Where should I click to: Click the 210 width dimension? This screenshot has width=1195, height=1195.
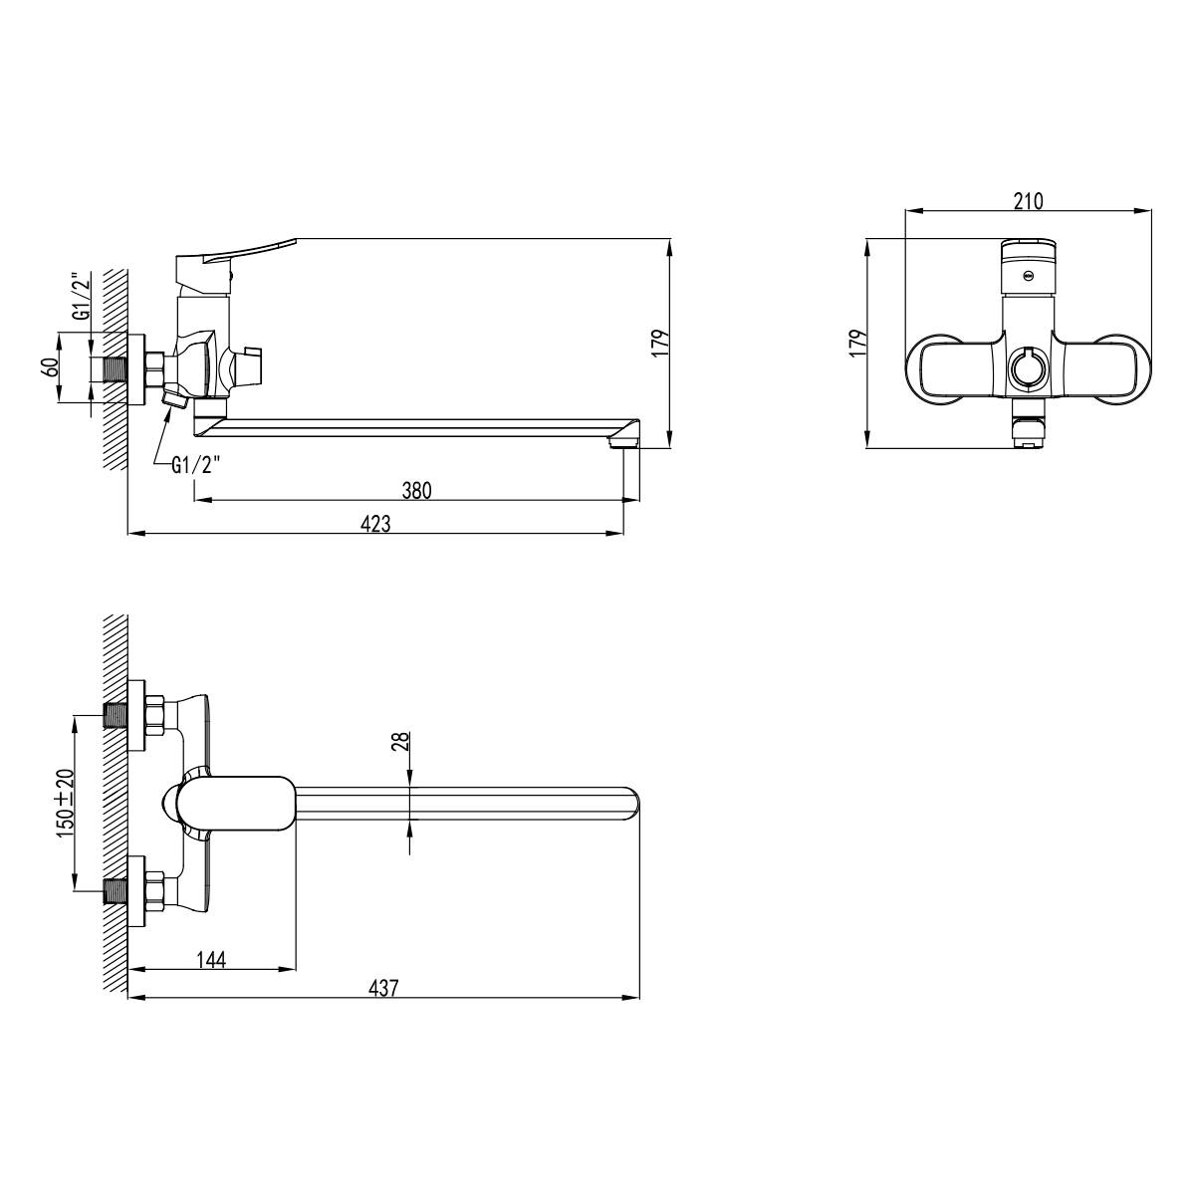click(x=1028, y=201)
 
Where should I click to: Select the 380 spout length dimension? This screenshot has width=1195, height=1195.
click(x=416, y=491)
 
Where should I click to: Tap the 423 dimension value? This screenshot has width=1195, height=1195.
click(x=375, y=524)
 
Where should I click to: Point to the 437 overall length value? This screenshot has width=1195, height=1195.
click(x=383, y=988)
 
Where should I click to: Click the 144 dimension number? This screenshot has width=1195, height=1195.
click(x=211, y=959)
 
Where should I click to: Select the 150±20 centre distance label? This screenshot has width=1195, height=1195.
click(x=65, y=804)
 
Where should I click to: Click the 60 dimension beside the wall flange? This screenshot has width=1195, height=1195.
click(x=50, y=367)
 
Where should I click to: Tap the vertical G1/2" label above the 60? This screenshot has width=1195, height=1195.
click(x=81, y=297)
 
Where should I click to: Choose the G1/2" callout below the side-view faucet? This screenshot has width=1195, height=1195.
click(x=196, y=465)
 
